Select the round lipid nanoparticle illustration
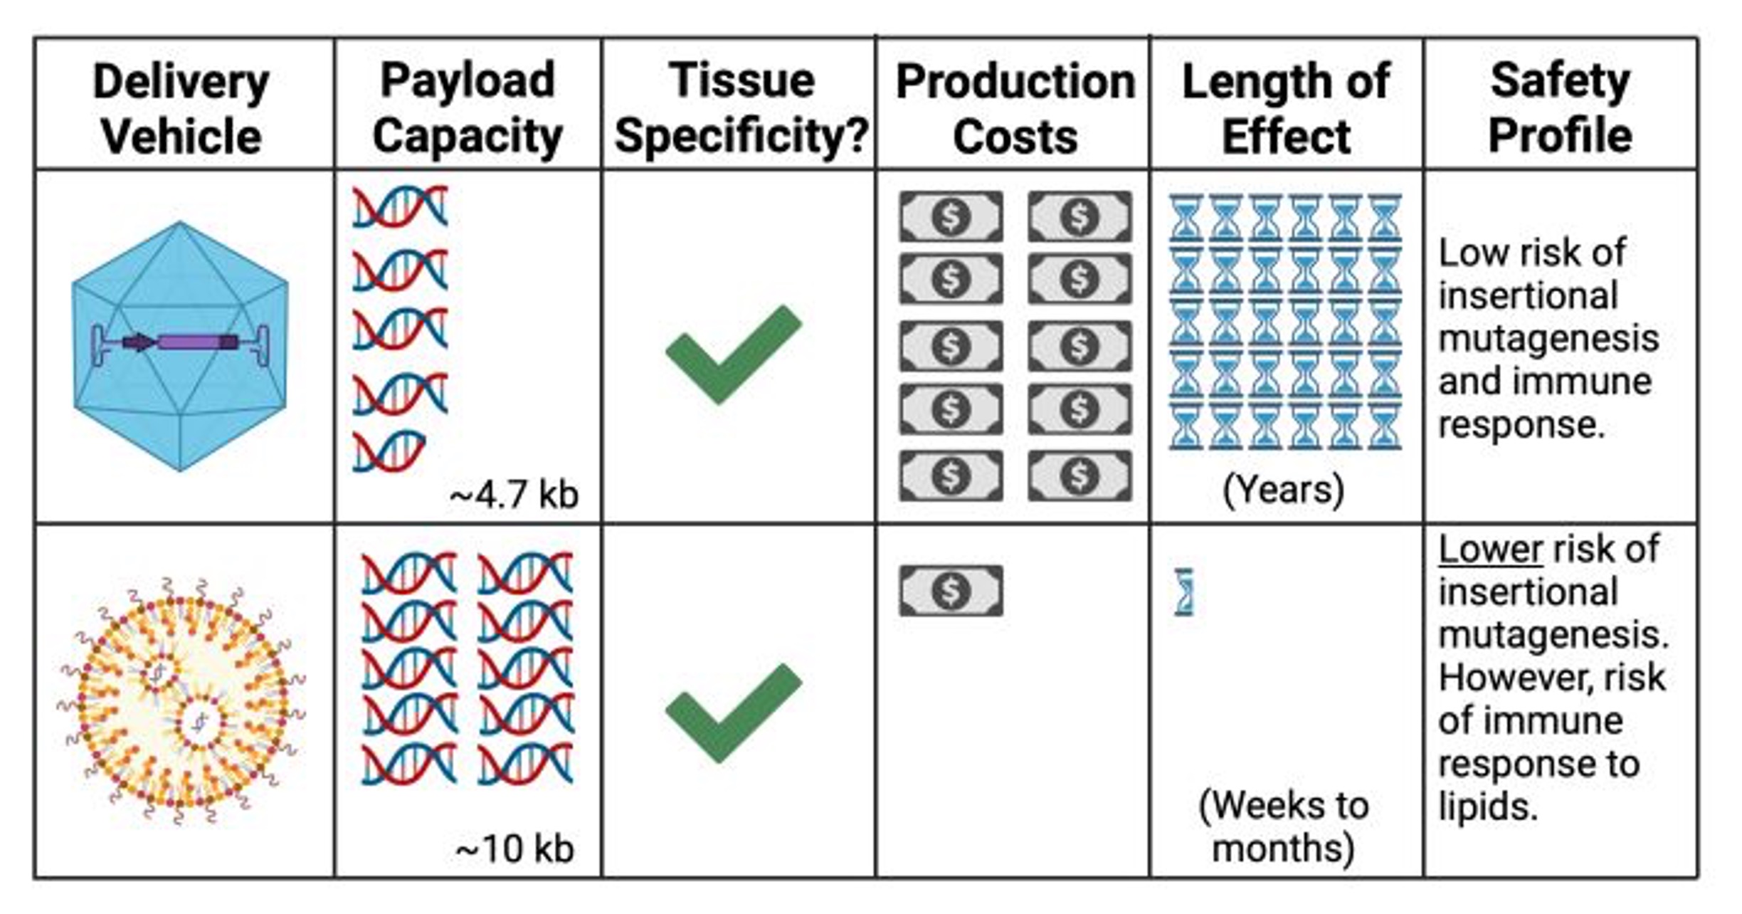coord(181,701)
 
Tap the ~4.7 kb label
coord(514,495)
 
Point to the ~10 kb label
coord(514,849)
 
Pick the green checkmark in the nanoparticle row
coord(733,712)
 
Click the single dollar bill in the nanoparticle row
coord(951,591)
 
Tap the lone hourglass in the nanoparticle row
coord(1183,592)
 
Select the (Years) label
coord(1284,490)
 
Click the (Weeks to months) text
coord(1284,826)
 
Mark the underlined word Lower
coord(1490,550)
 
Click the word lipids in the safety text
coord(1487,807)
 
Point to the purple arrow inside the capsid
coord(139,343)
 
